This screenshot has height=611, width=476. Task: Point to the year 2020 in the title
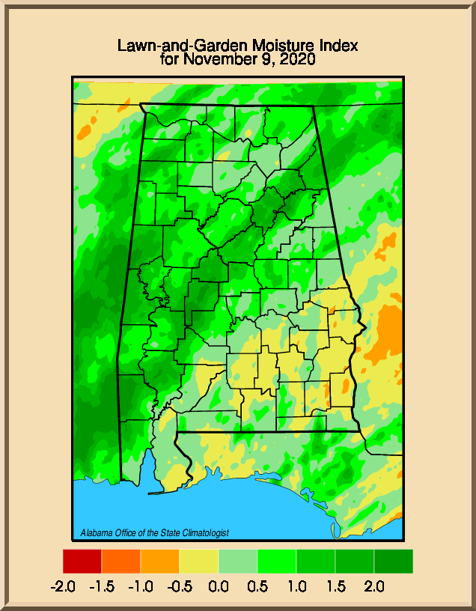(x=297, y=58)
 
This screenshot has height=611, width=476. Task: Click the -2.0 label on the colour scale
(x=62, y=586)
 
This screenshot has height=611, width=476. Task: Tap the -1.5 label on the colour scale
(x=102, y=586)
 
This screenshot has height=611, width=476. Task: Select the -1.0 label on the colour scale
(x=141, y=586)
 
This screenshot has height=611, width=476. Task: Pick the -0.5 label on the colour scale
(x=180, y=586)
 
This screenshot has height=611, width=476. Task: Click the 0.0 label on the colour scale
(x=219, y=586)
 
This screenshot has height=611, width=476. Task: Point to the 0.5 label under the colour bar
(x=257, y=586)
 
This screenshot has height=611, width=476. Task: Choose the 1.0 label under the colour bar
(x=296, y=586)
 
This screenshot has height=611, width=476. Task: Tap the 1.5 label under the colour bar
(x=335, y=586)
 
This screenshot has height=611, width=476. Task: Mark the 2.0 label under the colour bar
(x=374, y=586)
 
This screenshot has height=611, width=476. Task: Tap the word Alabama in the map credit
(x=96, y=533)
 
